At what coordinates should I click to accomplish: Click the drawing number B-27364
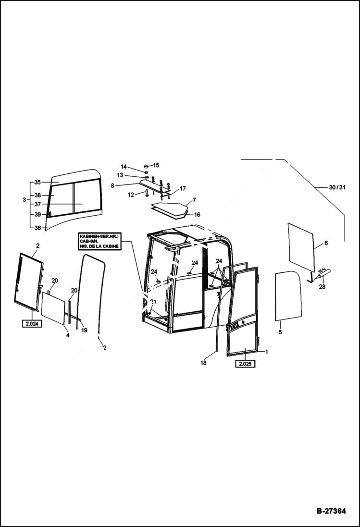tap(331, 511)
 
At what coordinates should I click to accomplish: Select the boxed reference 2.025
tap(245, 364)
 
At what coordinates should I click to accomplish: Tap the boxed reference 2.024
tap(32, 324)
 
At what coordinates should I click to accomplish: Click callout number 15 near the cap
tap(156, 165)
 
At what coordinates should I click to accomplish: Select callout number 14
tap(124, 167)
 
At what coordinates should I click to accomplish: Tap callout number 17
tap(183, 189)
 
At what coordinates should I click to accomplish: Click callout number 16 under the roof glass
tap(197, 215)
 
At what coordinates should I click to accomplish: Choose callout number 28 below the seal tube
tap(322, 287)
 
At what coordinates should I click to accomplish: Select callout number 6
tap(326, 244)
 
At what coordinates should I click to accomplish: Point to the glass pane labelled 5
tap(287, 295)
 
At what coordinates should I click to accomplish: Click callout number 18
tap(203, 363)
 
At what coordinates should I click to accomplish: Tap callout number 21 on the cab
tap(153, 302)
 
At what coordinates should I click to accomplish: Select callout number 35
tap(38, 183)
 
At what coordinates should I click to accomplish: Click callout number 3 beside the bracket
tap(25, 199)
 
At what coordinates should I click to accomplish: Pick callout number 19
tap(84, 331)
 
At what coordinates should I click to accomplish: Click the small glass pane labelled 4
tap(53, 309)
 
